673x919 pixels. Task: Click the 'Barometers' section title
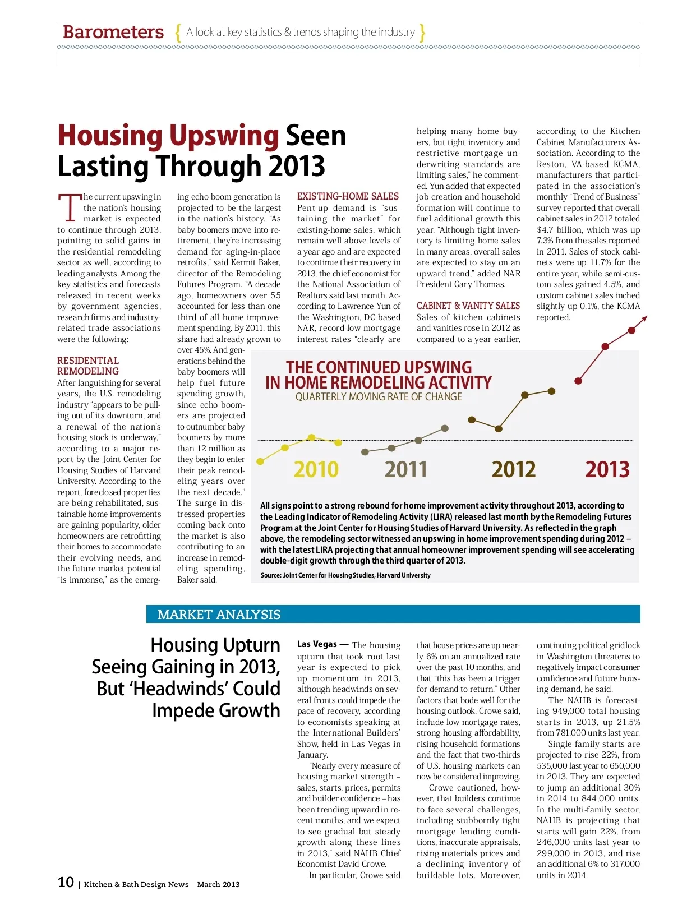pos(113,32)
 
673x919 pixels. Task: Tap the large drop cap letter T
pos(70,208)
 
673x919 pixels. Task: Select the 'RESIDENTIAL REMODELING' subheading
pos(88,366)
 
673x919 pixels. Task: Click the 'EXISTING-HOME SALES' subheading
pos(348,196)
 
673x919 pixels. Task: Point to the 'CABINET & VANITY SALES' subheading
pos(468,306)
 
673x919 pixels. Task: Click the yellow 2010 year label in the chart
pos(316,469)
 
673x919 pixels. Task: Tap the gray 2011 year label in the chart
pos(405,469)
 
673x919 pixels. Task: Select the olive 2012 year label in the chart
pos(513,469)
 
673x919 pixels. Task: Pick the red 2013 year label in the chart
pos(607,469)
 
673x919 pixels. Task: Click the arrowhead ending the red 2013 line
pos(644,318)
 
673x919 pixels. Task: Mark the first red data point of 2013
pos(578,381)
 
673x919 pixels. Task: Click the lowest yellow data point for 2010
pos(260,461)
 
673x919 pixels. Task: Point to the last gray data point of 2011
pos(445,428)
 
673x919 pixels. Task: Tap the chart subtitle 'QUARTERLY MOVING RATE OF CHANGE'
pos(379,397)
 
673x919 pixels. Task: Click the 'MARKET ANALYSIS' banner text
pos(219,615)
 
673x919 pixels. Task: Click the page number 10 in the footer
pos(66,883)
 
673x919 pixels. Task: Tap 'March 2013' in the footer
pos(218,884)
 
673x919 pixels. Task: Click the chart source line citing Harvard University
pos(345,575)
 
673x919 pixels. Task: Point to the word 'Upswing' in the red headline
pos(224,136)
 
